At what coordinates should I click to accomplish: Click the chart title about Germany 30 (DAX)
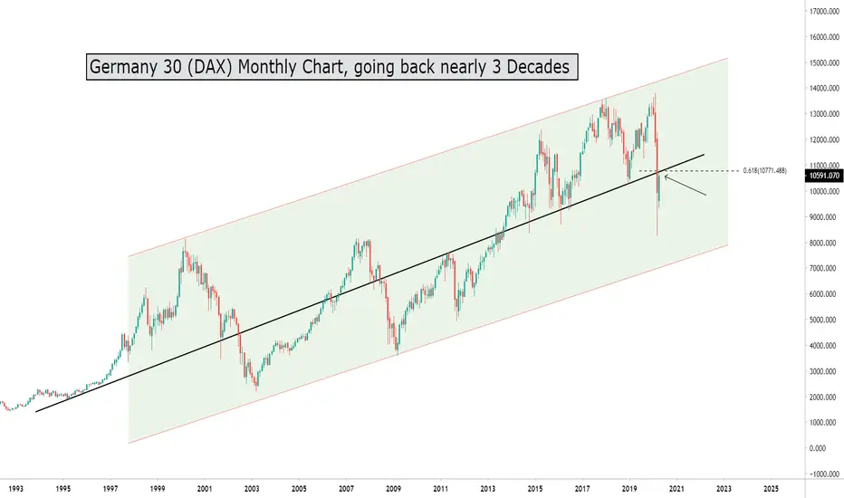(331, 67)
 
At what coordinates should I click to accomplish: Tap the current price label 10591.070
(824, 177)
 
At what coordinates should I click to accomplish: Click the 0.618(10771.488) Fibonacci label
(772, 170)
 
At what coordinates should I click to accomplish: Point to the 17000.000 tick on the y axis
(824, 12)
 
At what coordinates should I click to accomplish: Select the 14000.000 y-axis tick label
(824, 89)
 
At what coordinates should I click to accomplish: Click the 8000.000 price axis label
(824, 244)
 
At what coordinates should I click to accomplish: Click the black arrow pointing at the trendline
(686, 185)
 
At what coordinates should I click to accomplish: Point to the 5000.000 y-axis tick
(824, 321)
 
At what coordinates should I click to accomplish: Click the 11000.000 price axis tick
(824, 166)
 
